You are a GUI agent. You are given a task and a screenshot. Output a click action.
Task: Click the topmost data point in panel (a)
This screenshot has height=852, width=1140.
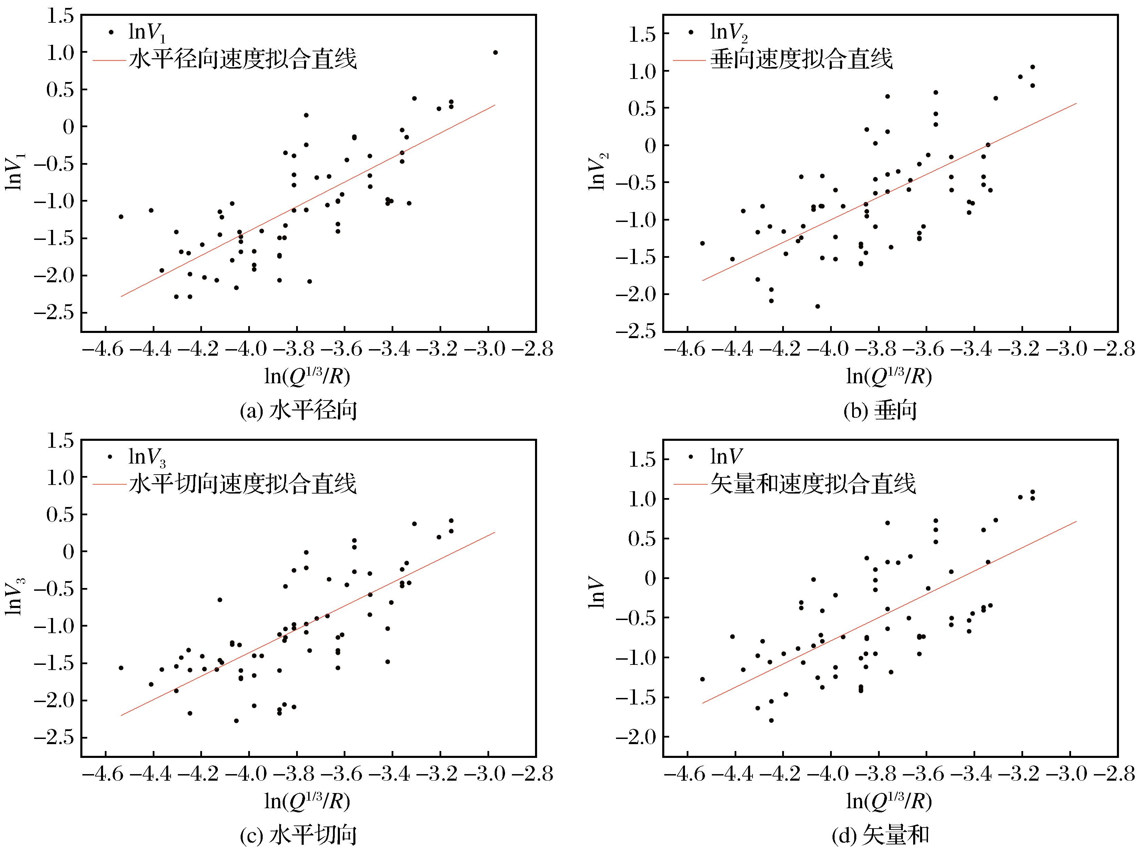pos(495,52)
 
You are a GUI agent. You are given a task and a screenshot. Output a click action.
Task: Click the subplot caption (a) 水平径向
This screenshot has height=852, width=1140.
pos(299,411)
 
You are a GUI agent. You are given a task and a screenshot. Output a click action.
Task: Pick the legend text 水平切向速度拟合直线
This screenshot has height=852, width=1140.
pos(242,484)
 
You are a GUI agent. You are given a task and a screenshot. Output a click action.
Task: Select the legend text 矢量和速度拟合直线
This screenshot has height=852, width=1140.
pos(813,484)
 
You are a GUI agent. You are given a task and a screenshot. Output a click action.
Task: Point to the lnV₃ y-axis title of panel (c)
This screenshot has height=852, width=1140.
pos(14,597)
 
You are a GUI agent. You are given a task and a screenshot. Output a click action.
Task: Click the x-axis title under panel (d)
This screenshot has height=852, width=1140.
pos(889,800)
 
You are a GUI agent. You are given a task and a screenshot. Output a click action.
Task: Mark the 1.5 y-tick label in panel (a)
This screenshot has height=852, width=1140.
pos(60,16)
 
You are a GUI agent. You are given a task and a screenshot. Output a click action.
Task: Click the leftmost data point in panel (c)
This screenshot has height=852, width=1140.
pos(121,668)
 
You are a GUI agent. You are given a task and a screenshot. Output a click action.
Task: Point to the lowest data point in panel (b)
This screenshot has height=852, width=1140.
pos(817,306)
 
